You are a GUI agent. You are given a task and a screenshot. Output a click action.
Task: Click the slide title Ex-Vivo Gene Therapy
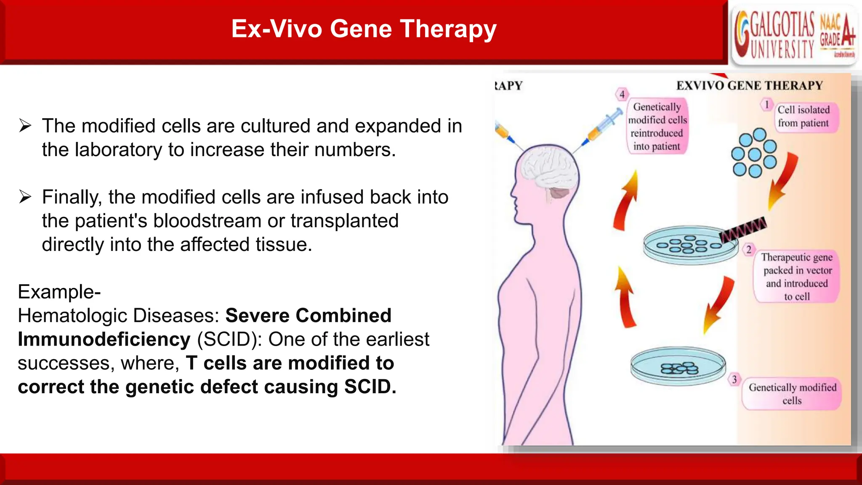pos(364,29)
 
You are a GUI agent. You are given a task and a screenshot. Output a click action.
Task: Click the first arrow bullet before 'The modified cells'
pos(25,126)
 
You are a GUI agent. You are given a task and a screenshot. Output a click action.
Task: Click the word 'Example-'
pos(59,292)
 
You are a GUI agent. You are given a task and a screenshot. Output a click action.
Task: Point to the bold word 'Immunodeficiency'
pos(104,339)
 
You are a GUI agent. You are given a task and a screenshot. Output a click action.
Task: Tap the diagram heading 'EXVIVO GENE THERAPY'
pos(749,86)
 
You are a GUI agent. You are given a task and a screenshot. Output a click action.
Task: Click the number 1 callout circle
pos(766,104)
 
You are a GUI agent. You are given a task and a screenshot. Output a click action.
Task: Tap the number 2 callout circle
pos(749,249)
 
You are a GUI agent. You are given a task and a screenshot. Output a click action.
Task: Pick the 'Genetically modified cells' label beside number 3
pos(792,394)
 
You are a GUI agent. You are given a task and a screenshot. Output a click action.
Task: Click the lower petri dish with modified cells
pos(678,366)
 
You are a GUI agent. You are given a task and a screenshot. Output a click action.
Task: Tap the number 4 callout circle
pos(622,94)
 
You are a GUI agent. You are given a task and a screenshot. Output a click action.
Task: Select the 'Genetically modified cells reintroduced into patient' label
pos(657,126)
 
